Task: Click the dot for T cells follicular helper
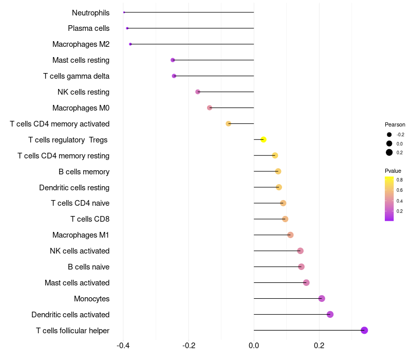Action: tap(364, 330)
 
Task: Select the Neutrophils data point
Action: tap(124, 12)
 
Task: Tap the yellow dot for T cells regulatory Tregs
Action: tap(264, 139)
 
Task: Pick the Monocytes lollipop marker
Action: tap(322, 298)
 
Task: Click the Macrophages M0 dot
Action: tap(210, 107)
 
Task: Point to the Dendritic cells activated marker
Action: tap(330, 314)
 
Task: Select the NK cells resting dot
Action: tap(198, 92)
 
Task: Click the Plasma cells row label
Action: tap(88, 28)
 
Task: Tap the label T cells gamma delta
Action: tap(76, 76)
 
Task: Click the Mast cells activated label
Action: tap(77, 283)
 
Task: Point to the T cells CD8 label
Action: tap(90, 219)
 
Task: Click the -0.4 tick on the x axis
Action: tap(123, 345)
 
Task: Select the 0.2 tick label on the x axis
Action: tap(319, 345)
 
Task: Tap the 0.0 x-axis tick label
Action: tap(254, 345)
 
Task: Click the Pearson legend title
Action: tap(395, 124)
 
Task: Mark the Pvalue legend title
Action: tap(393, 171)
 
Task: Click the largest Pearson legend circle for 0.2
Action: tap(389, 152)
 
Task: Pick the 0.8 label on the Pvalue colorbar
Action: tap(399, 180)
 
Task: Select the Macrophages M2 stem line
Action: tap(192, 44)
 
